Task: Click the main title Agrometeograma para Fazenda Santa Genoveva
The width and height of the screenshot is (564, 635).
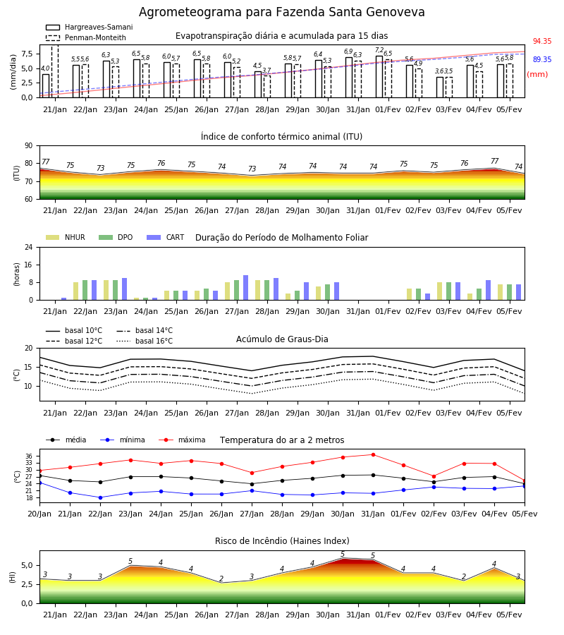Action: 281,12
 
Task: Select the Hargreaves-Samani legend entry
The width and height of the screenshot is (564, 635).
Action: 90,27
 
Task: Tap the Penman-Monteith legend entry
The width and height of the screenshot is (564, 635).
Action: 86,37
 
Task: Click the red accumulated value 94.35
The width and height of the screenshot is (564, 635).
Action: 542,42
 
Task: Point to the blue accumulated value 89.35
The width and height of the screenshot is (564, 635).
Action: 542,59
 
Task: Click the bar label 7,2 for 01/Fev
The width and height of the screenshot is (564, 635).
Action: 379,50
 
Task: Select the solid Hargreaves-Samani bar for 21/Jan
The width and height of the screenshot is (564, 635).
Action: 46,86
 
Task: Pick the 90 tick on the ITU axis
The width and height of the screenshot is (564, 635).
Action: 29,146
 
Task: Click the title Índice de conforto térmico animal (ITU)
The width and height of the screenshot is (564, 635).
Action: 281,136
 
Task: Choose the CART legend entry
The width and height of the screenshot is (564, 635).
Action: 166,237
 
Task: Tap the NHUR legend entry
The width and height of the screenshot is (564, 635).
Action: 66,237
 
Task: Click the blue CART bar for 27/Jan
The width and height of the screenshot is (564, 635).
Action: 245,288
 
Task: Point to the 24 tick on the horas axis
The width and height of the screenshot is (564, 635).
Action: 29,248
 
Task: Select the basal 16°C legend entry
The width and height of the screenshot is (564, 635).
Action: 145,341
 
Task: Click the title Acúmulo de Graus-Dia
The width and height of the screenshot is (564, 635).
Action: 282,339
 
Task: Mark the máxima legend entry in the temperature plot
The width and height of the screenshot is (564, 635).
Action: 182,440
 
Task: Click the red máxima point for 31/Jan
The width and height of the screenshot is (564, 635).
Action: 373,455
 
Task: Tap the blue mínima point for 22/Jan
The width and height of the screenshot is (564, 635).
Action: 100,497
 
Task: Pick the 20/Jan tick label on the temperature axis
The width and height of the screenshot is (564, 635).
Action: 39,514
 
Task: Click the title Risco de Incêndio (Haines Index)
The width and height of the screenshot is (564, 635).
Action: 282,541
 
